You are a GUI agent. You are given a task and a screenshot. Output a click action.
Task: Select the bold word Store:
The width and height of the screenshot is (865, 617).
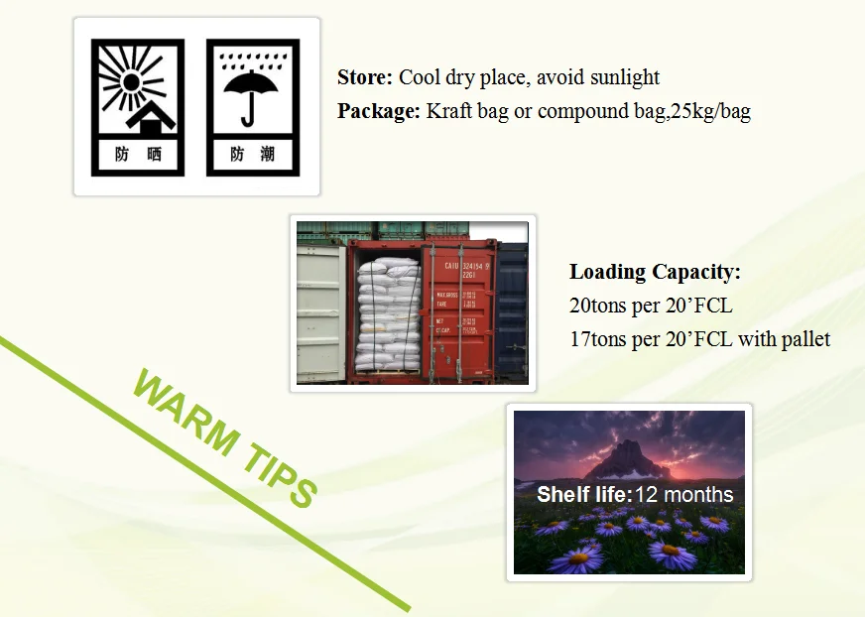[365, 77]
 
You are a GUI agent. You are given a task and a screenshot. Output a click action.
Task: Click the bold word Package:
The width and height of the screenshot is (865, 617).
[379, 111]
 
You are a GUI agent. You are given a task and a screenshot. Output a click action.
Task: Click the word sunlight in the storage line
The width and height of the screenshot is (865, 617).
[623, 77]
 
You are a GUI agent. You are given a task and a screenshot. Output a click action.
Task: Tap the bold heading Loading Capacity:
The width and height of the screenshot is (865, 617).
[655, 272]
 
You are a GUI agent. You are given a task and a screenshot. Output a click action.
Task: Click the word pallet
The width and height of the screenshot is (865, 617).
[805, 339]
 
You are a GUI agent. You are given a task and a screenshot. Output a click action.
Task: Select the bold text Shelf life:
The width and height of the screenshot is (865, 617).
[583, 495]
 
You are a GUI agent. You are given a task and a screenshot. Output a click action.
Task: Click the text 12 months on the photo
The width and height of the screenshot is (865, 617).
[684, 495]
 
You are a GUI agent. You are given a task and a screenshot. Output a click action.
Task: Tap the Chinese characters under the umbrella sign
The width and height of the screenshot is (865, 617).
[252, 155]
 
